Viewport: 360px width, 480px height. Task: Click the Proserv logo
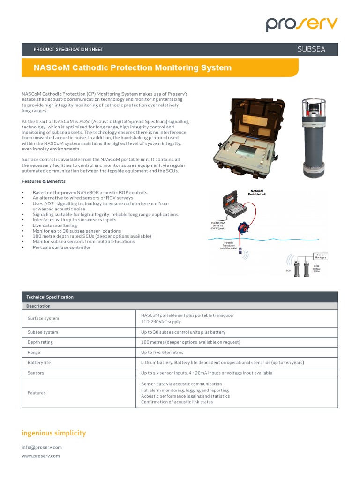(x=301, y=23)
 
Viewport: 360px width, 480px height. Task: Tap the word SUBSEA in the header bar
(x=311, y=49)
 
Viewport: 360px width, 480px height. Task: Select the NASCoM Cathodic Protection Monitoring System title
(x=133, y=68)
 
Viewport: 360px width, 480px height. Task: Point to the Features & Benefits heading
(x=44, y=181)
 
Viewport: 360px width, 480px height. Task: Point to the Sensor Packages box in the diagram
(x=321, y=255)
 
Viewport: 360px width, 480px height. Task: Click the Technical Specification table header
(x=50, y=297)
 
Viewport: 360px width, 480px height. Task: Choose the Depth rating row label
(x=40, y=342)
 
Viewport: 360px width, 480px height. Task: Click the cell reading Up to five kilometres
(x=162, y=352)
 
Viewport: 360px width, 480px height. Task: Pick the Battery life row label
(x=39, y=363)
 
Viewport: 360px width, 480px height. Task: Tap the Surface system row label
(x=43, y=319)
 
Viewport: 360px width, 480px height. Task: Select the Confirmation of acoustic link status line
(x=177, y=402)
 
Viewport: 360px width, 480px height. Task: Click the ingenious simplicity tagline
(x=54, y=433)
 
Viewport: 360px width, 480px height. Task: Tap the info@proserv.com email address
(x=42, y=447)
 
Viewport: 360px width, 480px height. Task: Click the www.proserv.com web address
(x=41, y=456)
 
